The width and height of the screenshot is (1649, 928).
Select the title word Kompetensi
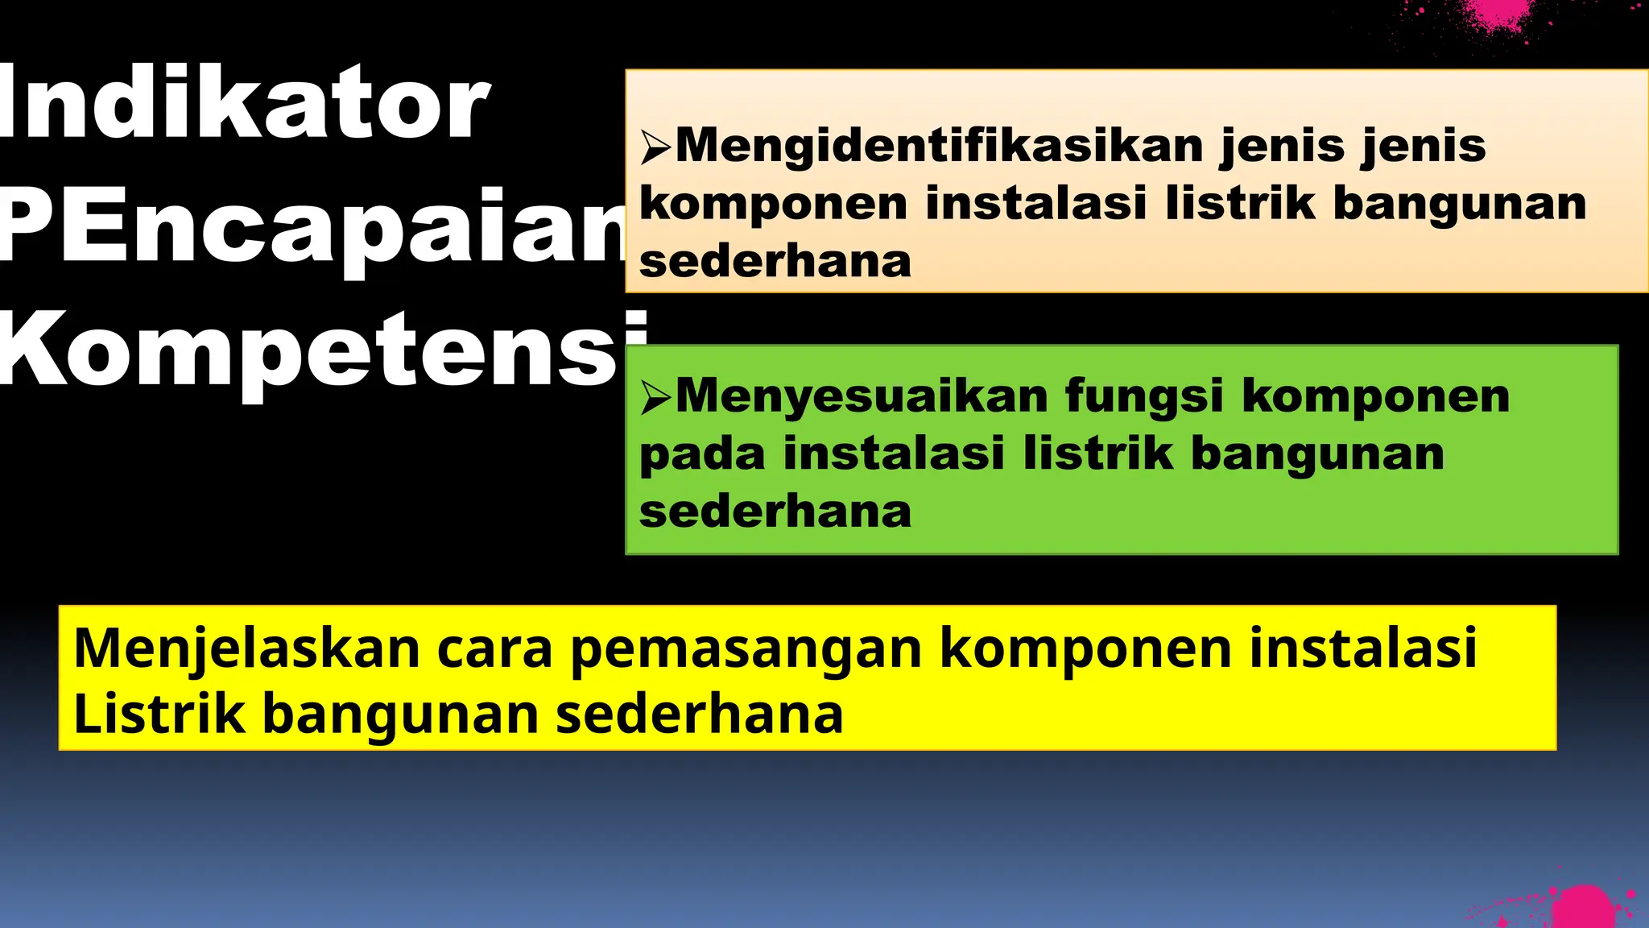point(322,350)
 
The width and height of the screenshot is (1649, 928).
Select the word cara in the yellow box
point(495,648)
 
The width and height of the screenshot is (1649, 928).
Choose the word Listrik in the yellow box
point(159,714)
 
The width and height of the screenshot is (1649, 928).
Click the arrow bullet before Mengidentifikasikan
point(655,147)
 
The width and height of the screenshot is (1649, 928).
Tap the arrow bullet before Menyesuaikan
point(655,397)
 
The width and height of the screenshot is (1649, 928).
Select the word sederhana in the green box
point(775,512)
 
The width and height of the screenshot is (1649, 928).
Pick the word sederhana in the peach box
point(775,262)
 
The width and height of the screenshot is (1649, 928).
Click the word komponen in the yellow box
point(1086,649)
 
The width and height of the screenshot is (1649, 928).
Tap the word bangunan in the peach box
point(1460,203)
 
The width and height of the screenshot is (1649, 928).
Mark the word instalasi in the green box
point(894,453)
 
